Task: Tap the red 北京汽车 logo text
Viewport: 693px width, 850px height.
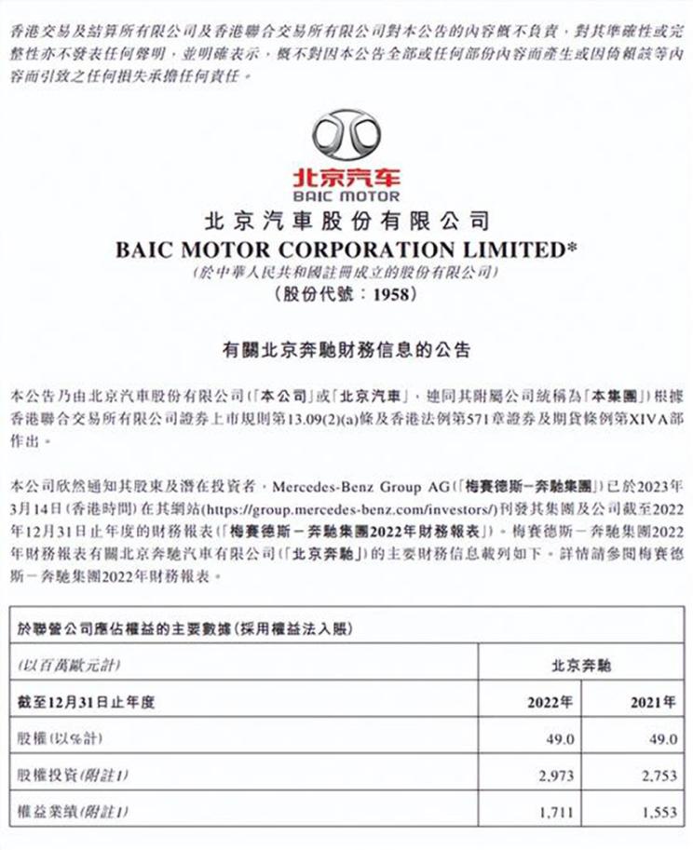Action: pos(346,177)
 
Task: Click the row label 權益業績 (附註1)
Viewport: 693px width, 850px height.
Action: pos(71,812)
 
